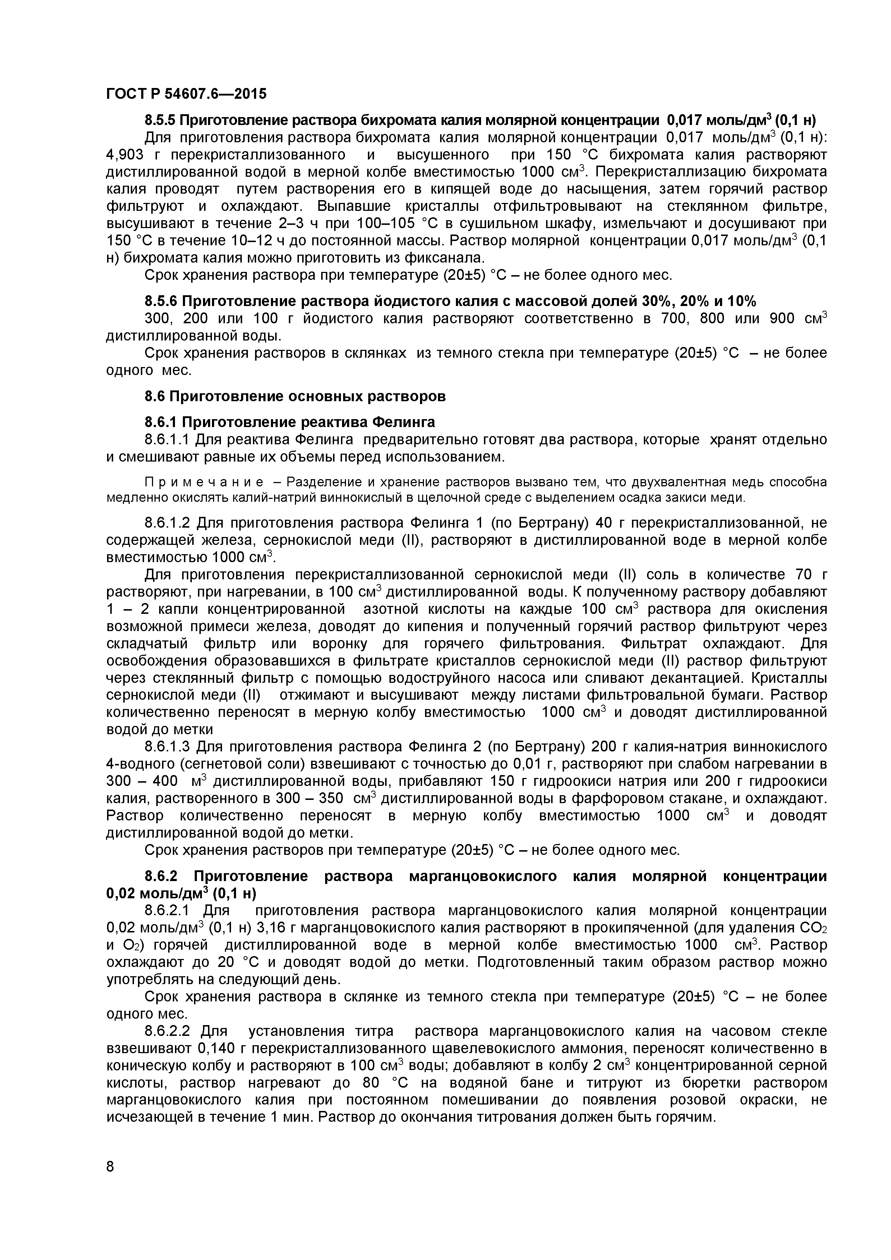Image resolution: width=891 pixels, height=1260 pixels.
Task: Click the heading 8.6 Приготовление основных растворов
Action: point(295,396)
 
